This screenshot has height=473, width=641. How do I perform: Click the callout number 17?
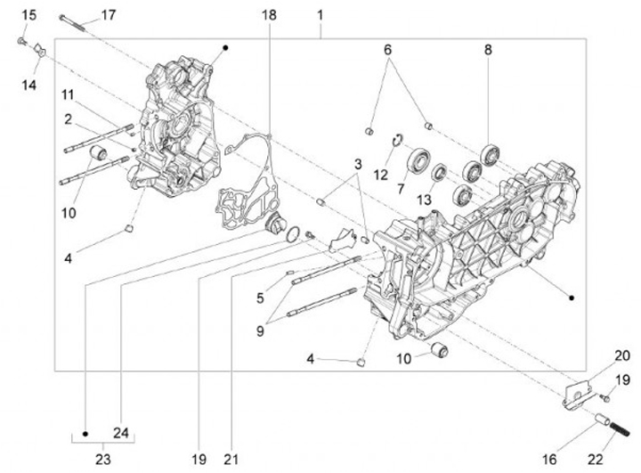pyautogui.click(x=108, y=15)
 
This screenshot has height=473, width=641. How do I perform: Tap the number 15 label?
pyautogui.click(x=28, y=15)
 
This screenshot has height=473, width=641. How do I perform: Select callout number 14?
pyautogui.click(x=30, y=84)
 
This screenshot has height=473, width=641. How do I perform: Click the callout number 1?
pyautogui.click(x=320, y=15)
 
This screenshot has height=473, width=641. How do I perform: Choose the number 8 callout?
pyautogui.click(x=488, y=51)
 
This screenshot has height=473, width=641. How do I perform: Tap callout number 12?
pyautogui.click(x=382, y=175)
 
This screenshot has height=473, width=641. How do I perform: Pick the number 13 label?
pyautogui.click(x=425, y=198)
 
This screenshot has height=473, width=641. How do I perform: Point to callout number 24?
pyautogui.click(x=122, y=434)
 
